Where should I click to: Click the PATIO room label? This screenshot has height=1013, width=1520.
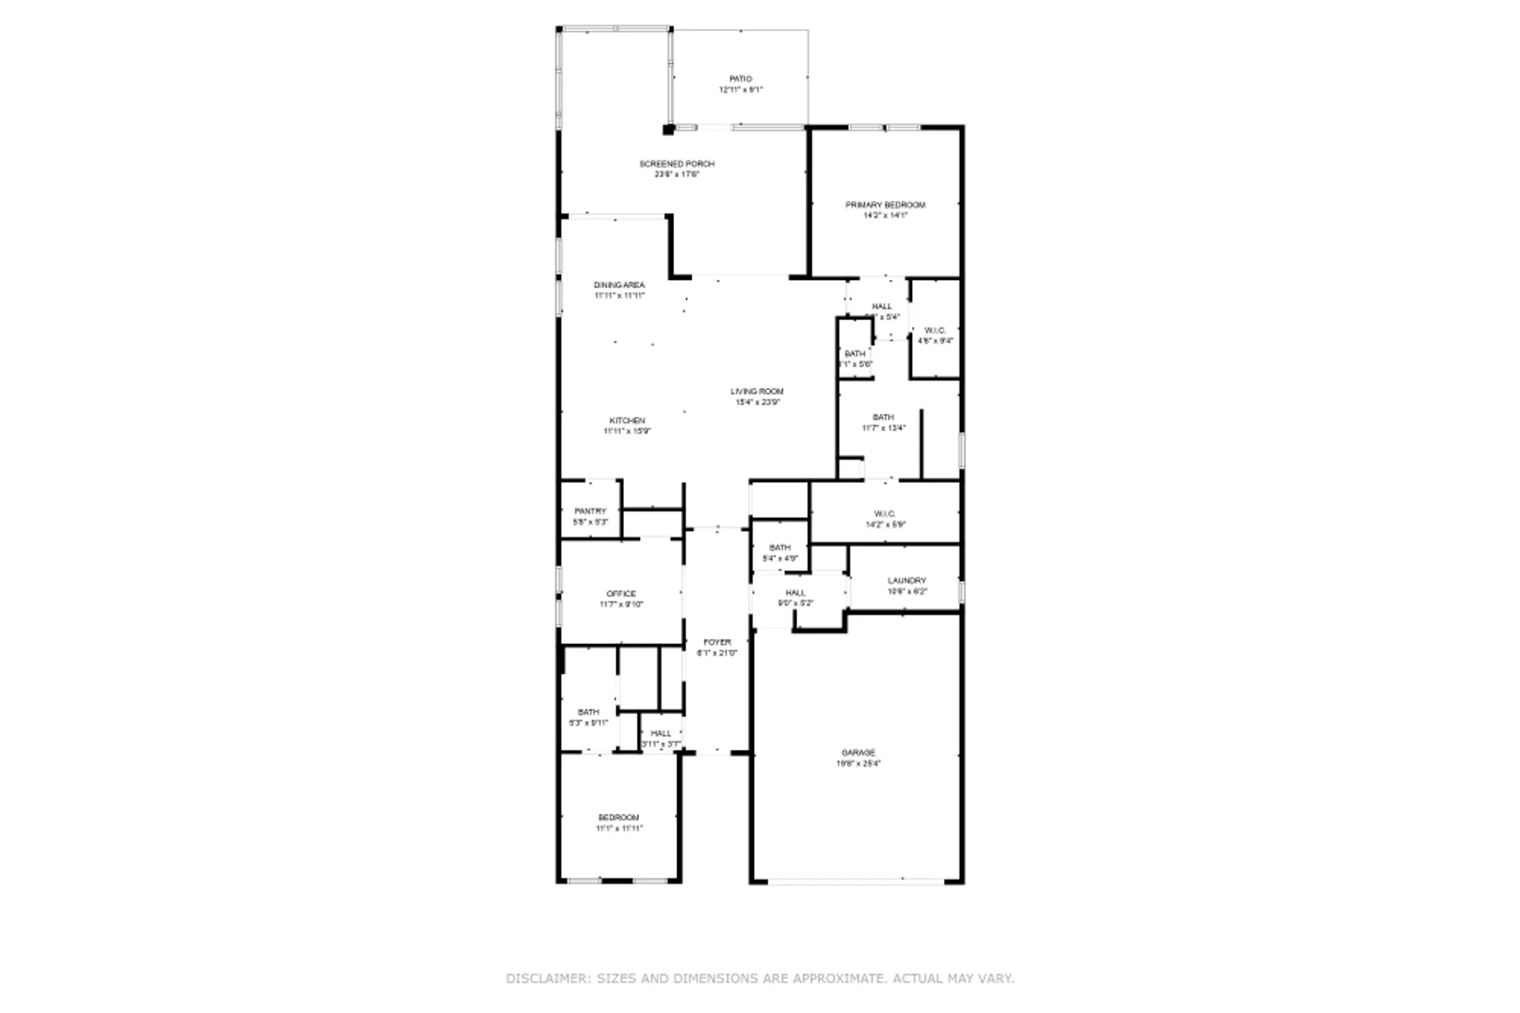[x=740, y=79]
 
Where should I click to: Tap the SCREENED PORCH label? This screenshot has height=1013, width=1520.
[x=676, y=164]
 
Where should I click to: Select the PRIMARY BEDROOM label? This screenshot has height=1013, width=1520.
[x=885, y=205]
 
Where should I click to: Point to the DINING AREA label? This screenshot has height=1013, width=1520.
[x=619, y=285]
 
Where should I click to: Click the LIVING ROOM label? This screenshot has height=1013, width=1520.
[x=757, y=392]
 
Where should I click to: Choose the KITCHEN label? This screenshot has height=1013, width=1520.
[x=627, y=421]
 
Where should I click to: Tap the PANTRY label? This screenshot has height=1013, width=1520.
[x=590, y=511]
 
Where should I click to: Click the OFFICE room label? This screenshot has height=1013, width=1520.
[x=621, y=594]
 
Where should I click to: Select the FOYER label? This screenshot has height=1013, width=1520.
[x=717, y=643]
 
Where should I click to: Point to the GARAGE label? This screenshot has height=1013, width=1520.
[x=858, y=753]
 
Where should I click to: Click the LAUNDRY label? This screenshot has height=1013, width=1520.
[x=907, y=581]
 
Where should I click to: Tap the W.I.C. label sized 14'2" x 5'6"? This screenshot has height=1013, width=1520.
[x=885, y=514]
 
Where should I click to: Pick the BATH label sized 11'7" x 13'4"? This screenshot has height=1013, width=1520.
[x=883, y=418]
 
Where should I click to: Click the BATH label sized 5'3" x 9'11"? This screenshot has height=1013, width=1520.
[x=588, y=713]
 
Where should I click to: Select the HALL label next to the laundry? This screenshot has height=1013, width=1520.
[x=795, y=593]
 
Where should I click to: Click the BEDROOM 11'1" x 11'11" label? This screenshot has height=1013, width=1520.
[x=619, y=818]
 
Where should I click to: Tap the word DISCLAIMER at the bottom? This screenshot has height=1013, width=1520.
[x=547, y=979]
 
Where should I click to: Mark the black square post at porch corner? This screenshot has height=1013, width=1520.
[x=668, y=129]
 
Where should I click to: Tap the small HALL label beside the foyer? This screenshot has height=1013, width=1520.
[x=660, y=734]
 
